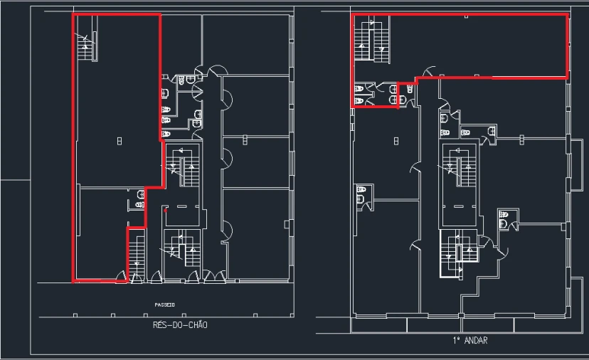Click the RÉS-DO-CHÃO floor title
(180, 325)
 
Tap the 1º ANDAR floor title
(470, 341)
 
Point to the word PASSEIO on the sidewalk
(165, 305)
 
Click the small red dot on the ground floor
(165, 211)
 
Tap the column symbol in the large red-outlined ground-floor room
(120, 141)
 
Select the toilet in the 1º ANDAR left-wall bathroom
(361, 189)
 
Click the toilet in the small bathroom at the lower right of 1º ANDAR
(503, 215)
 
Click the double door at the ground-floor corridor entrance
(215, 276)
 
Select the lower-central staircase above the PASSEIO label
(183, 248)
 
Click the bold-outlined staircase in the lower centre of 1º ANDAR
(459, 254)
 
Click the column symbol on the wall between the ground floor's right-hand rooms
(245, 139)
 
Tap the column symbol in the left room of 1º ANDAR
(396, 141)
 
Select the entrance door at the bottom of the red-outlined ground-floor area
(121, 276)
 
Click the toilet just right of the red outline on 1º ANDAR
(410, 89)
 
